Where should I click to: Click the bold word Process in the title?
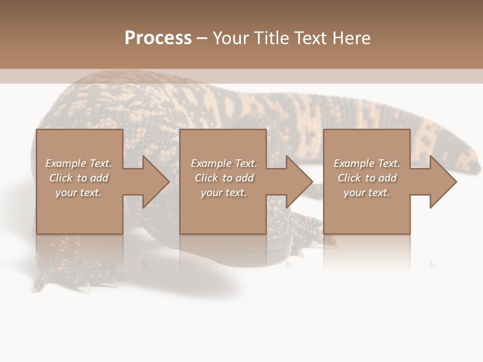pos(158,38)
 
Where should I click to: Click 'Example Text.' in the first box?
pos(78,163)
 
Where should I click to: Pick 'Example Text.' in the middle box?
pos(224,163)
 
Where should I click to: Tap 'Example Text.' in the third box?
pos(367,163)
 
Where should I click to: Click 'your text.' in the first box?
pos(78,193)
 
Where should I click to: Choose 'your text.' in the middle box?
pos(224,193)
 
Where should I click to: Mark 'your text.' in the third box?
pos(367,193)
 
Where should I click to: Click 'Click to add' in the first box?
pos(78,178)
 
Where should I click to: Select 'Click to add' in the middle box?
pos(224,178)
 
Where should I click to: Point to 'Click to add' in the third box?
pos(367,178)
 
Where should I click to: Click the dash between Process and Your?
pos(202,38)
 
